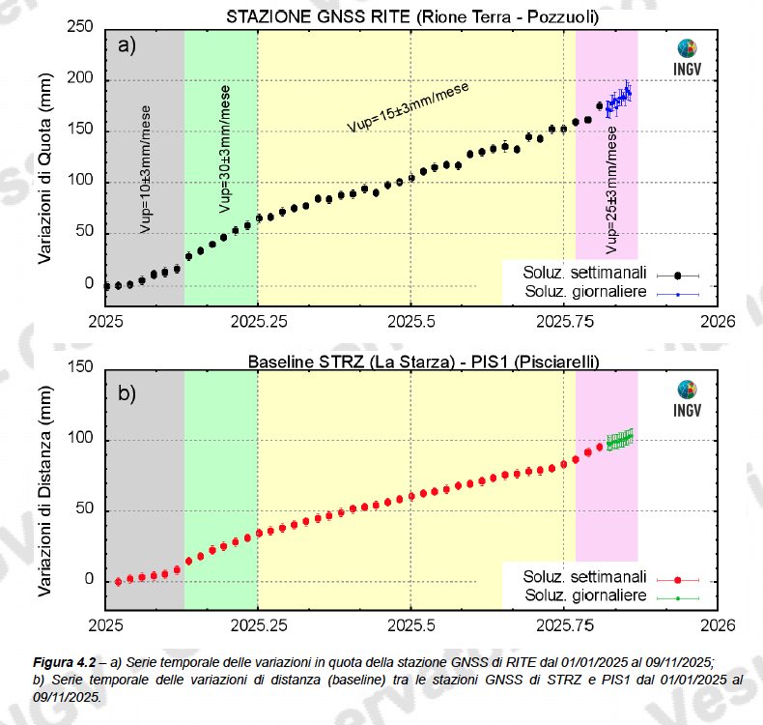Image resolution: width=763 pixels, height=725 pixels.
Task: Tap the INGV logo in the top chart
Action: click(689, 56)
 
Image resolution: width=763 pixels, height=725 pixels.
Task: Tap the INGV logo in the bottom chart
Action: click(689, 395)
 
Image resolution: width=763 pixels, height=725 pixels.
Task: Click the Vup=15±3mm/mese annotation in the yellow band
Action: click(409, 106)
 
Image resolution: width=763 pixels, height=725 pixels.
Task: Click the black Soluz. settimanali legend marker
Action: click(678, 275)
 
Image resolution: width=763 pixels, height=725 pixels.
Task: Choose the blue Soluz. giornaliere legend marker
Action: click(678, 292)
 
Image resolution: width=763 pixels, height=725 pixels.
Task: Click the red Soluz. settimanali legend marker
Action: click(678, 580)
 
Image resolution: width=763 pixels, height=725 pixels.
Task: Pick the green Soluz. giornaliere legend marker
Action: click(678, 597)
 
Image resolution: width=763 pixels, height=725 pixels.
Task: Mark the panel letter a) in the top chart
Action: click(126, 44)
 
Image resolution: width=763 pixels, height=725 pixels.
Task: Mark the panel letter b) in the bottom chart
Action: click(126, 392)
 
